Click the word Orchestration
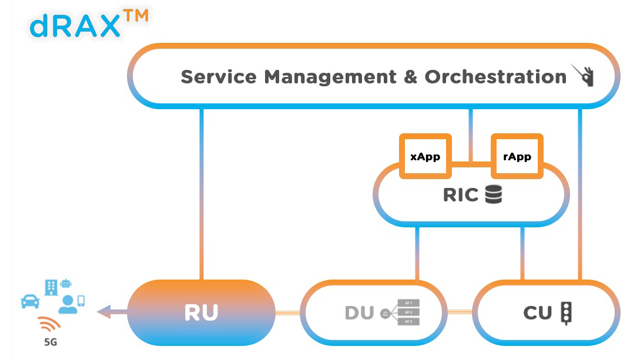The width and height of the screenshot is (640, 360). (x=495, y=76)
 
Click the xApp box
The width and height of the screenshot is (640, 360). (x=425, y=157)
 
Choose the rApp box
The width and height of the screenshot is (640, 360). (x=517, y=157)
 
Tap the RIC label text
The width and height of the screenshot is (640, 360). (x=461, y=195)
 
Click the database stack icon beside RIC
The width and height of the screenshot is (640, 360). (x=494, y=194)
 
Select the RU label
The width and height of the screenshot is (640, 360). (x=202, y=313)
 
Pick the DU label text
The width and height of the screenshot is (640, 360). (x=359, y=313)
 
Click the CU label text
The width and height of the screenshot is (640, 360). (x=537, y=313)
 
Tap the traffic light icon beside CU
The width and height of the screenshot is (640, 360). (x=567, y=312)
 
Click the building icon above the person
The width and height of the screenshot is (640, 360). (x=51, y=288)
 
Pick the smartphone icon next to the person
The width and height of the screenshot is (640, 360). (x=81, y=300)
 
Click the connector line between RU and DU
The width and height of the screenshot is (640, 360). (x=288, y=312)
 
